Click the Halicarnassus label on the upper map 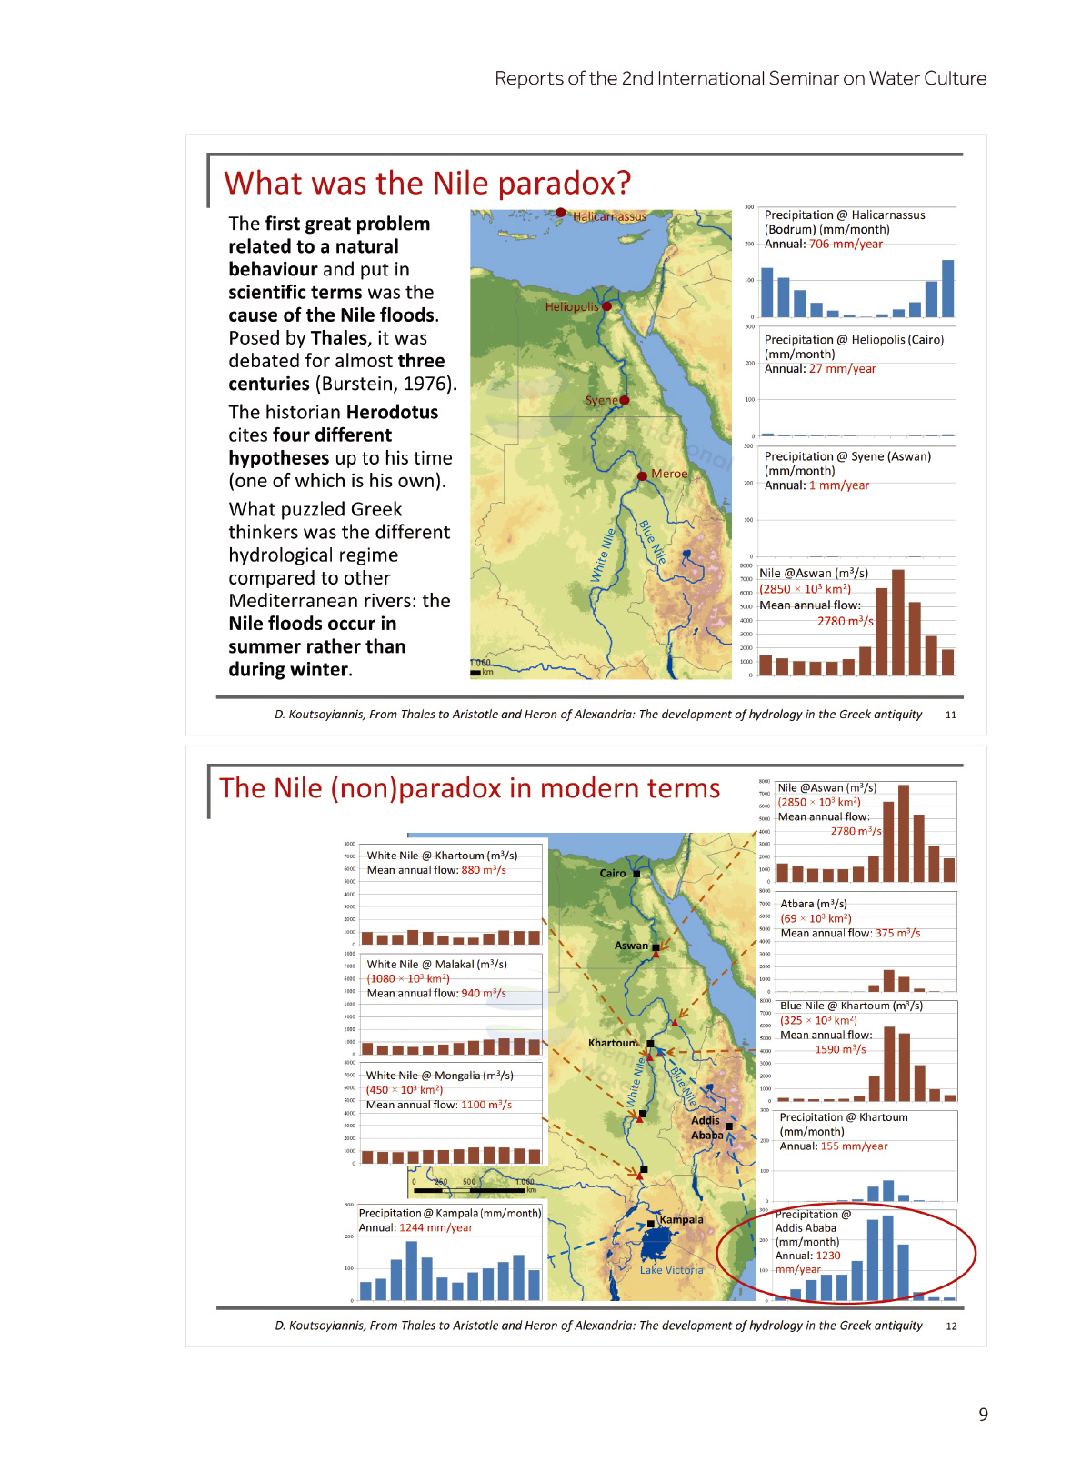609,216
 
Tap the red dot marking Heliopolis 606,306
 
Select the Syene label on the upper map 600,400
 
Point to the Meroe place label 669,474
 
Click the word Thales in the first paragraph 339,338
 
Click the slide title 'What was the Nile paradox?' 427,183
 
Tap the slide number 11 951,715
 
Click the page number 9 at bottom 983,1415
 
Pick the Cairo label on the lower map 612,873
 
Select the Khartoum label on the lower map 613,1043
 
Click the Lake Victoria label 671,1270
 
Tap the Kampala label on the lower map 681,1219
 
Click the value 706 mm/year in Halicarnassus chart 846,244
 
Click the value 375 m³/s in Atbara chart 897,933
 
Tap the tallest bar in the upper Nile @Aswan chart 898,623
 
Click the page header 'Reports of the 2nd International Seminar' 740,78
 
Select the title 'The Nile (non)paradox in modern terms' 469,788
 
